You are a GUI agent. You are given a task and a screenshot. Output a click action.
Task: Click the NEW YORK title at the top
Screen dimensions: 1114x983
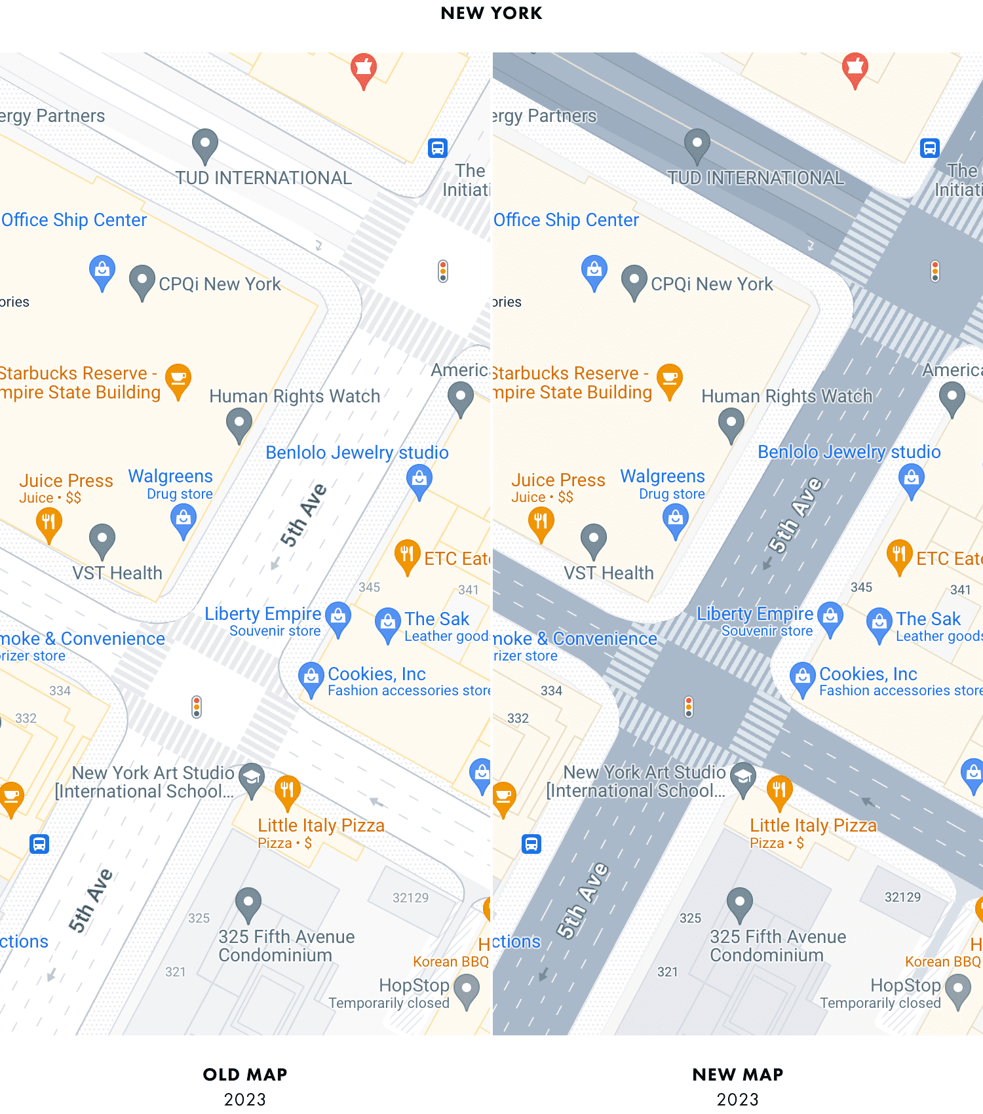click(x=491, y=13)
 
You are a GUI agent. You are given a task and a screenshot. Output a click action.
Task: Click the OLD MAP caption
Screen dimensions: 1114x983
click(x=245, y=1075)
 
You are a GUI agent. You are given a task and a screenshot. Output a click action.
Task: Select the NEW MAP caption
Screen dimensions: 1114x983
click(x=737, y=1075)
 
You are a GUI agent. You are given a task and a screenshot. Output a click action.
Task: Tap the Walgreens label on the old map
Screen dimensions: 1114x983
click(x=170, y=476)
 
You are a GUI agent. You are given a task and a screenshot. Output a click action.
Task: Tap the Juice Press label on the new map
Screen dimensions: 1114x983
click(x=558, y=480)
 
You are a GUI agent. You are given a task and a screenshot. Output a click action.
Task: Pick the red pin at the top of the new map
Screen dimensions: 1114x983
click(x=855, y=67)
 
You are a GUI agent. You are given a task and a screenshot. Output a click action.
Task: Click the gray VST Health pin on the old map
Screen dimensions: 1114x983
click(x=102, y=539)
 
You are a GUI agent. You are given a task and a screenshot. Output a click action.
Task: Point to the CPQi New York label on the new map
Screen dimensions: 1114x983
click(x=712, y=284)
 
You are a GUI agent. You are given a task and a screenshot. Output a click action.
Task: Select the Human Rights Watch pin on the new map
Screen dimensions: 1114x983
click(x=731, y=423)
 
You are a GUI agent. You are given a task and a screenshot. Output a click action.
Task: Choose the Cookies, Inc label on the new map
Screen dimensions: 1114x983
click(x=868, y=674)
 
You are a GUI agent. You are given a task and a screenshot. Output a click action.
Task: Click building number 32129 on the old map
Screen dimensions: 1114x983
click(x=410, y=898)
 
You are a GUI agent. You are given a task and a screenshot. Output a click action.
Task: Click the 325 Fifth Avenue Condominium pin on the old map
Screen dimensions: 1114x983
click(x=248, y=903)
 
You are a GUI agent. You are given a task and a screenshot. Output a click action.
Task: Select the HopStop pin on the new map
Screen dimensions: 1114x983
click(x=957, y=989)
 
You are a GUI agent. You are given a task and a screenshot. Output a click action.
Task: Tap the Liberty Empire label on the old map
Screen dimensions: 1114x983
click(x=263, y=614)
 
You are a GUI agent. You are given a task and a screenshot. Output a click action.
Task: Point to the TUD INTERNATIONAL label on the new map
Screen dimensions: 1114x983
click(x=756, y=178)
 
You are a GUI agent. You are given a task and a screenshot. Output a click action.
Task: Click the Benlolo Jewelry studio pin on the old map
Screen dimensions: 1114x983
click(x=419, y=480)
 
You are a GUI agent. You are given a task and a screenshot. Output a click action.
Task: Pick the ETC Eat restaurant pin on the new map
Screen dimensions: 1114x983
click(x=899, y=555)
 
